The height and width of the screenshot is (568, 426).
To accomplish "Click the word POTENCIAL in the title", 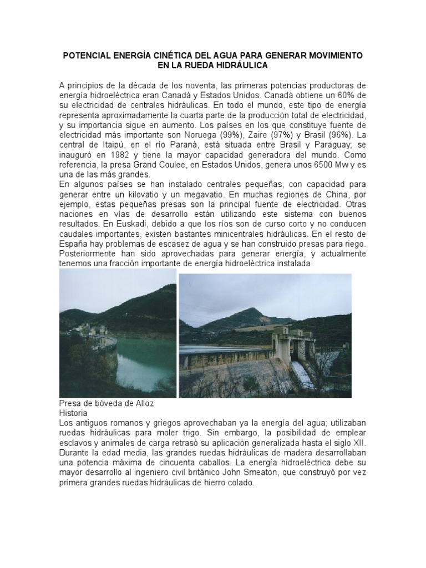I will (x=89, y=56).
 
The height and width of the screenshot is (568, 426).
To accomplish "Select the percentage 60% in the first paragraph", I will (x=344, y=94).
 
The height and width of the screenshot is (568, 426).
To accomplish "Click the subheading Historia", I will (x=73, y=413).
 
